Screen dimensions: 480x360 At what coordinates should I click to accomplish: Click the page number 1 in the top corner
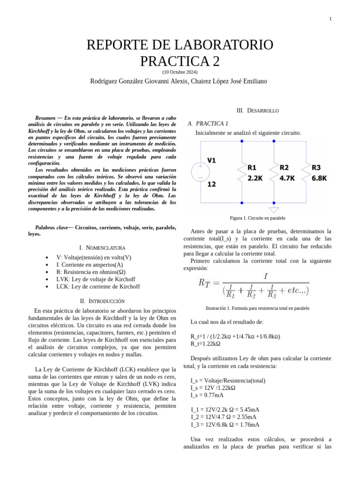coord(330,19)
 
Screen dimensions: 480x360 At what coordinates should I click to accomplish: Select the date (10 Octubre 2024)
coord(180,72)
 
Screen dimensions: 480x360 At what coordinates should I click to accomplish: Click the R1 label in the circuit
coord(252,167)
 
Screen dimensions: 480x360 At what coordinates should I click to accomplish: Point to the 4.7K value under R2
coord(287,178)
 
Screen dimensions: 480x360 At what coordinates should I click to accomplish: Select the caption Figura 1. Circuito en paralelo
coord(257,218)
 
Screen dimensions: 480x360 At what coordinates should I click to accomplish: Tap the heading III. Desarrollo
coord(257,111)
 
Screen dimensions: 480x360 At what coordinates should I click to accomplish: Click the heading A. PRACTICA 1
coord(207,124)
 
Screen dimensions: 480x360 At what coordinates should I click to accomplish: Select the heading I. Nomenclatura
coord(102,247)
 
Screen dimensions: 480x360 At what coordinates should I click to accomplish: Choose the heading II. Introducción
coord(102,300)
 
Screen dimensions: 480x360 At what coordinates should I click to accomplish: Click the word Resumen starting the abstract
coord(49,117)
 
